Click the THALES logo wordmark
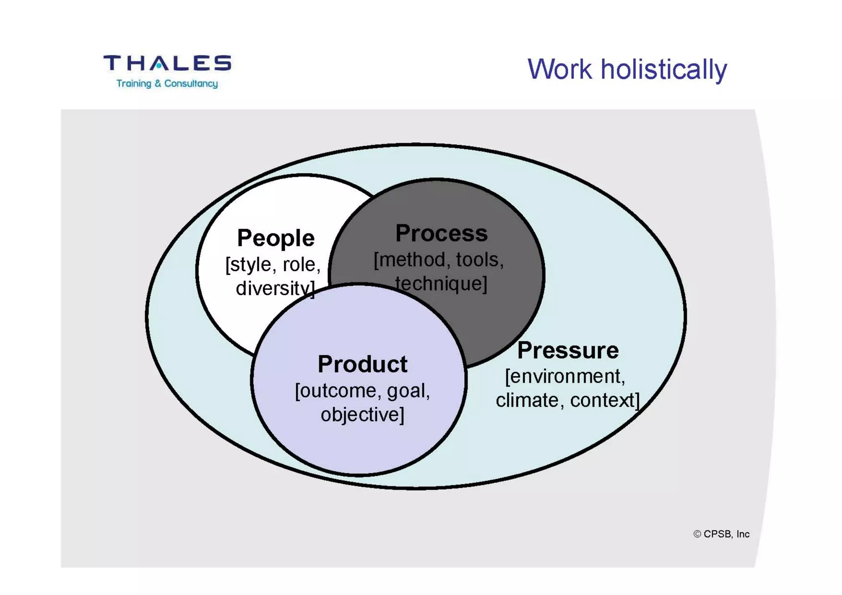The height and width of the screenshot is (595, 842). click(x=167, y=63)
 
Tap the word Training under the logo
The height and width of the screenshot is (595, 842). click(x=134, y=83)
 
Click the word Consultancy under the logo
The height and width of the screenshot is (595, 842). click(x=191, y=83)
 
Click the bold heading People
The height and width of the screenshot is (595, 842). click(x=276, y=238)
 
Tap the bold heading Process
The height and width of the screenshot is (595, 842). click(x=442, y=234)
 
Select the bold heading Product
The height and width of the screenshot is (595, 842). click(x=362, y=364)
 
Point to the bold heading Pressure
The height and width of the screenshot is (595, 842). click(x=568, y=350)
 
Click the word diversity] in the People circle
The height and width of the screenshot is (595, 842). click(x=275, y=288)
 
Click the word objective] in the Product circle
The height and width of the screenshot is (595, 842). click(x=362, y=414)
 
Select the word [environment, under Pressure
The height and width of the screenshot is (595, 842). click(x=565, y=376)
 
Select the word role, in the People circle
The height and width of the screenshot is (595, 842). click(x=301, y=264)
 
